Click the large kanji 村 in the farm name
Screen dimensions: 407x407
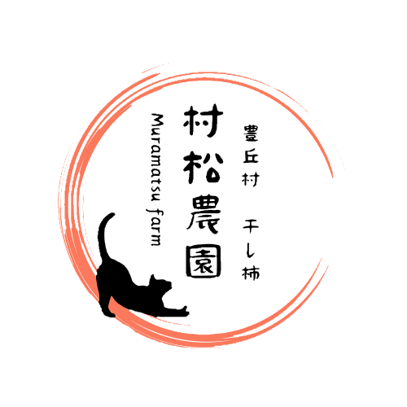pos(203,120)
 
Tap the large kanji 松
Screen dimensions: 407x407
pos(203,167)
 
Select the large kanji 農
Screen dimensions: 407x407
pos(203,215)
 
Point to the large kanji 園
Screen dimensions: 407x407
pos(203,261)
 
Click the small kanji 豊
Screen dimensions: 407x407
pos(251,133)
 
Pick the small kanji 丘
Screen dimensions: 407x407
pos(251,156)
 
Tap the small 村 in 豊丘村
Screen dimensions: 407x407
pos(251,179)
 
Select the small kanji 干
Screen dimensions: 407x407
pos(251,227)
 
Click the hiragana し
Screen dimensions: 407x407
pos(251,249)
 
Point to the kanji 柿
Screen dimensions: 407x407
pos(251,272)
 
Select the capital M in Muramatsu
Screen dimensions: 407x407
pos(158,120)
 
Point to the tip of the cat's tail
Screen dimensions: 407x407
pos(112,214)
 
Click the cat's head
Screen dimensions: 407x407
pos(160,284)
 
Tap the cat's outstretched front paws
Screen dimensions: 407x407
pos(184,311)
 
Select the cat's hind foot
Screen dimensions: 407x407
pos(108,313)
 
